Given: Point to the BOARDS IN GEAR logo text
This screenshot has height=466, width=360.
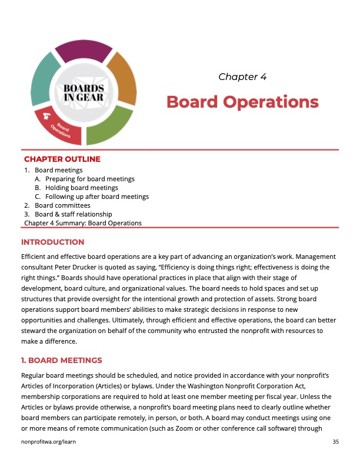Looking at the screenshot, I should tap(84, 92).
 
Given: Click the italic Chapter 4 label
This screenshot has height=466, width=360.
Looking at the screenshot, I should tap(242, 77).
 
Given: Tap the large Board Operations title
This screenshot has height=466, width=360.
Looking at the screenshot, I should tap(242, 102).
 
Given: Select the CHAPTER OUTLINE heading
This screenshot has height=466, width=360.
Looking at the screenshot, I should tap(62, 159).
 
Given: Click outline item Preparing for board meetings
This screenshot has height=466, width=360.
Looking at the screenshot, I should tap(90, 179).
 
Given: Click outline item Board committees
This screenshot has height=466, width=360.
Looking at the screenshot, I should tap(62, 205).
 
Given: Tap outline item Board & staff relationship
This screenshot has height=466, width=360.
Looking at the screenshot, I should tap(73, 214).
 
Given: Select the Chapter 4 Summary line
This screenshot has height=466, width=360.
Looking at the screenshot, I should tap(83, 223).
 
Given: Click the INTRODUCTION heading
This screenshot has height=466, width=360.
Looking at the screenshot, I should tap(53, 242).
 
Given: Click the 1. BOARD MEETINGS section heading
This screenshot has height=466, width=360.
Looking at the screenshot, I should tap(62, 360).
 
